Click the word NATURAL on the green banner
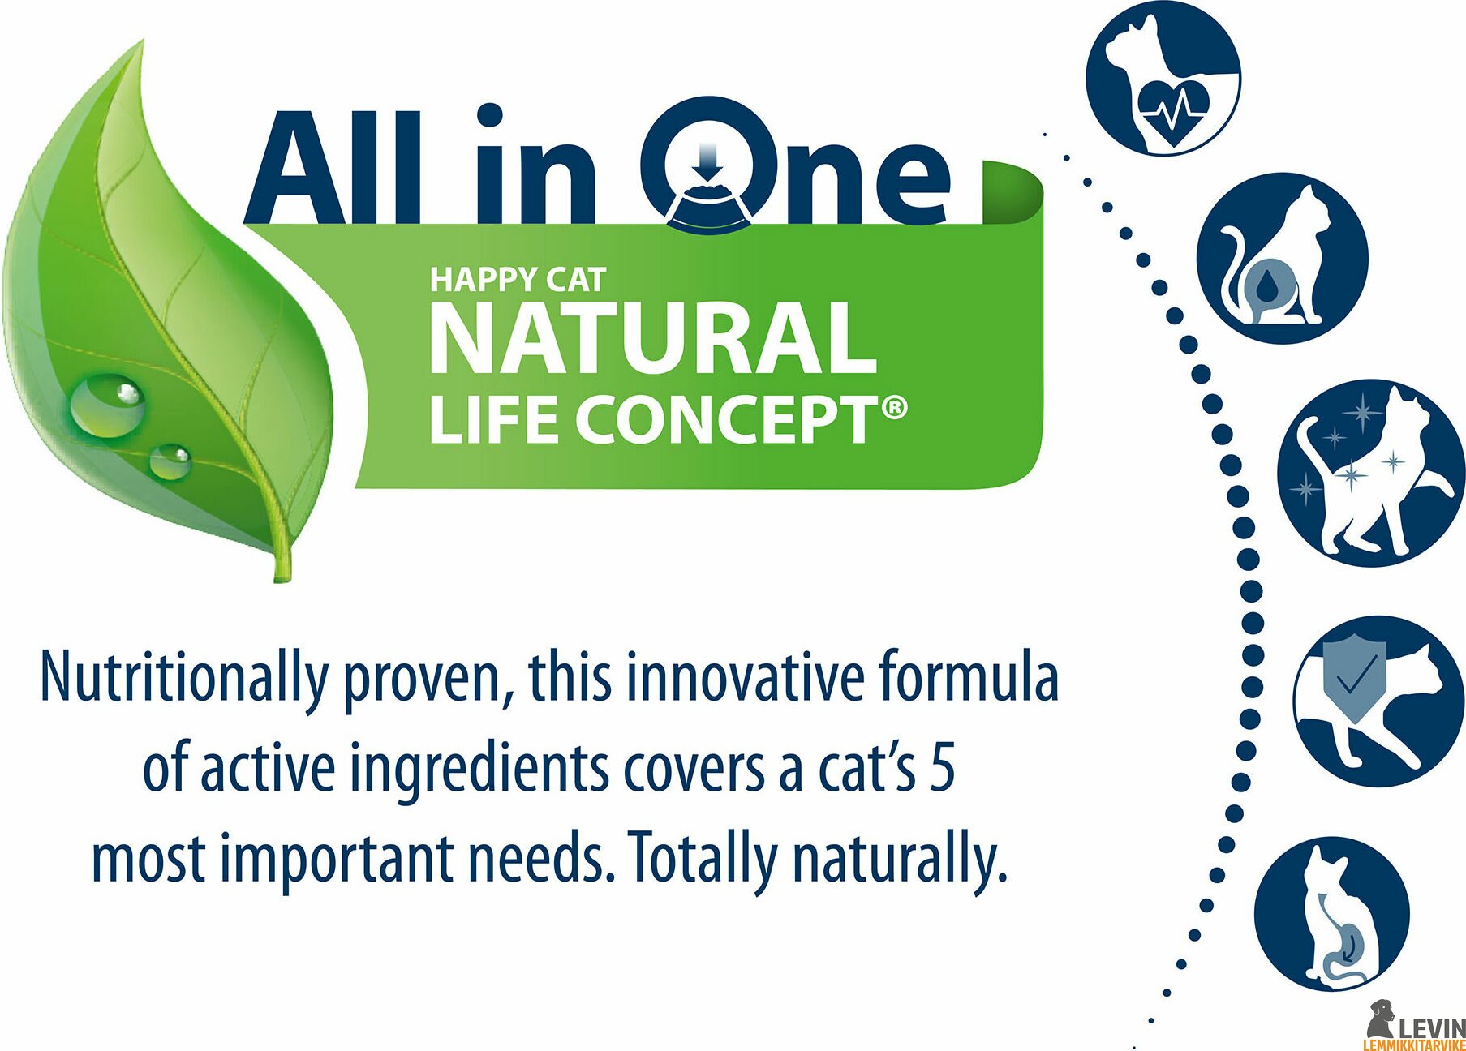click(x=652, y=338)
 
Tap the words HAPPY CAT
click(x=518, y=280)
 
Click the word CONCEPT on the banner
click(x=727, y=420)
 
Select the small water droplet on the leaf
click(x=170, y=461)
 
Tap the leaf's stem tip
click(x=281, y=577)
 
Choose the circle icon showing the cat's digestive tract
click(x=1331, y=914)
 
